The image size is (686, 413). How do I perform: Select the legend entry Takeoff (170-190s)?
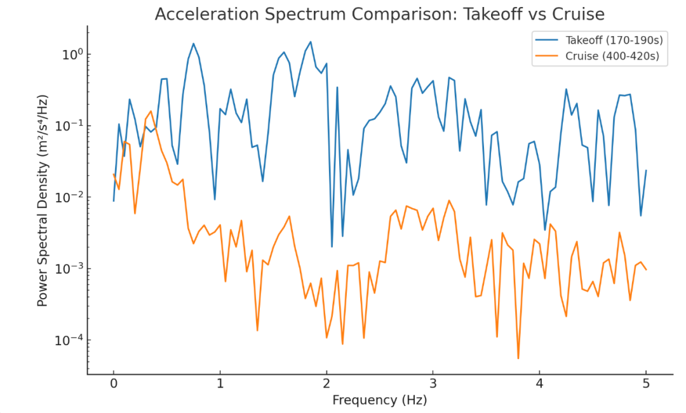coord(614,40)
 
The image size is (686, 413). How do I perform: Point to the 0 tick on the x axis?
coord(114,384)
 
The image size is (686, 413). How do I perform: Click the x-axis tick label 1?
coord(220,384)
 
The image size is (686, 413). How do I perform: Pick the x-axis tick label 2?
coord(326,384)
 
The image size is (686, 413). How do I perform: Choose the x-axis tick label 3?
coord(433,384)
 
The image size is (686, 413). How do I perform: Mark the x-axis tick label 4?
coord(539,384)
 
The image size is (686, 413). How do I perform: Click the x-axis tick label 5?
coord(646,384)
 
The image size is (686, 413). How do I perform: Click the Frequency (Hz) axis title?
coord(380,400)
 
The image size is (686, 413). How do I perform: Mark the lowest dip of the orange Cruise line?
coord(518,358)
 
